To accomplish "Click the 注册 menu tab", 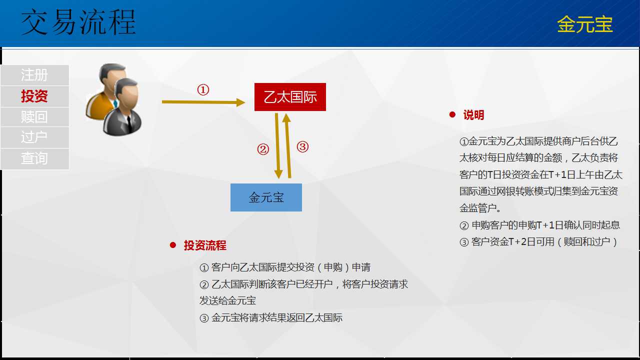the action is (34, 75).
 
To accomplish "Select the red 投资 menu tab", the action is (34, 96).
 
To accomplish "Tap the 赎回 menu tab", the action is (34, 117).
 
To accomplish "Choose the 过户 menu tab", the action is (34, 137).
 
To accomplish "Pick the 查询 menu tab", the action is (34, 158).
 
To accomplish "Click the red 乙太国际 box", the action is (290, 97).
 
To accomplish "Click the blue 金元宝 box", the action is (266, 197).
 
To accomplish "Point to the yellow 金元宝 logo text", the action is (584, 24).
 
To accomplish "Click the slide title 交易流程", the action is (78, 22).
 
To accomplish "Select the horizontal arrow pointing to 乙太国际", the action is (203, 102).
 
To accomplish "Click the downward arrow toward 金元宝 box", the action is (277, 146).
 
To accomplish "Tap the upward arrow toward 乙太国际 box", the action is (287, 145).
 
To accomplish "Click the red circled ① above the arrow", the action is (203, 90).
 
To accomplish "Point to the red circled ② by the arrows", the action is (263, 149).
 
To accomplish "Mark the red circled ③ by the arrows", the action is (302, 147).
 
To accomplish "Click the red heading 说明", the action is (473, 115).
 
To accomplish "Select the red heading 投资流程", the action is (205, 245).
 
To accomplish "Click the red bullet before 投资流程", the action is (173, 245).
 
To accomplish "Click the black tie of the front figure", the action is (129, 124).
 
